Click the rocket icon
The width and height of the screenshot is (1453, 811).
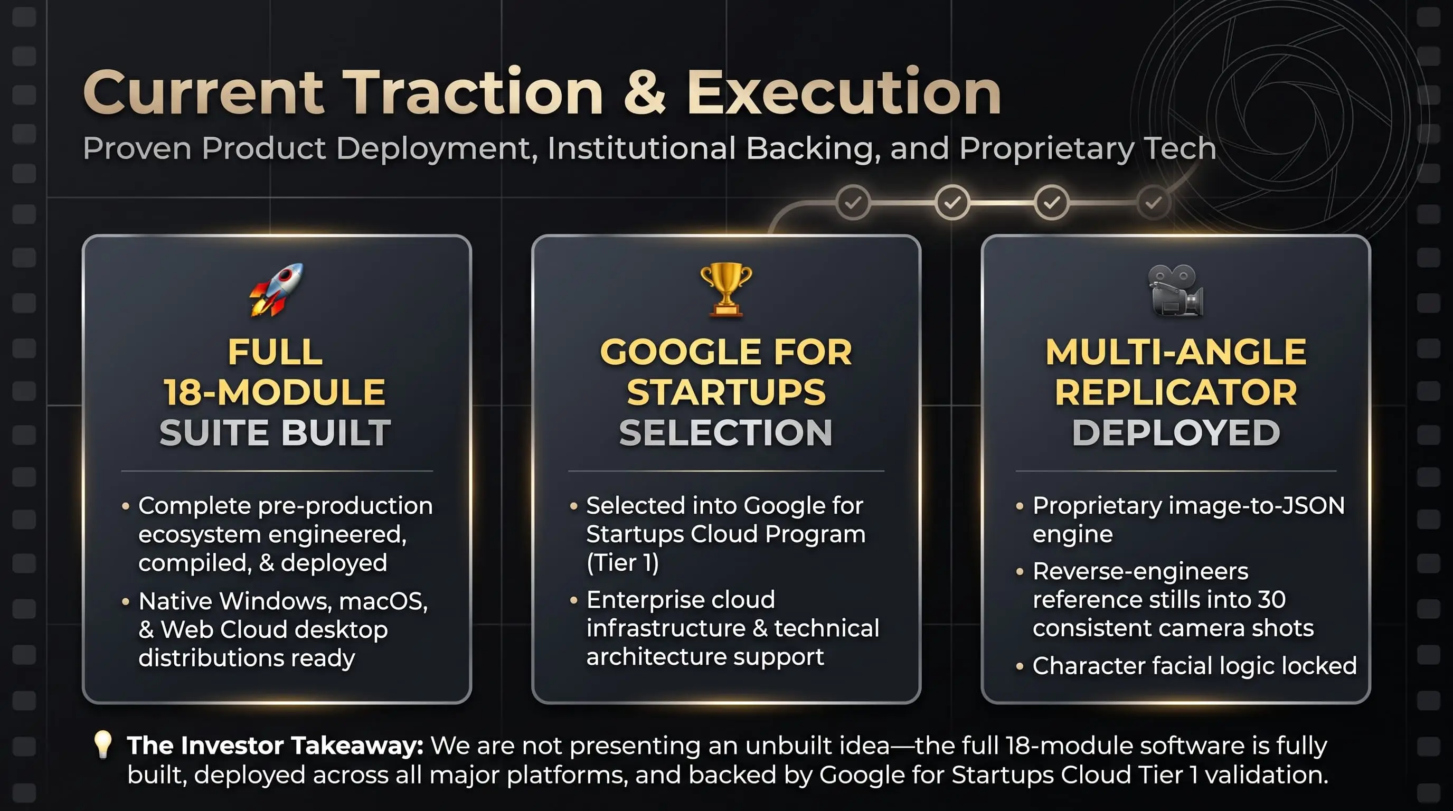coord(276,289)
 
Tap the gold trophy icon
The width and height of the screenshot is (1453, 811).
coord(726,289)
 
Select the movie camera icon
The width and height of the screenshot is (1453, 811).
coord(1176,290)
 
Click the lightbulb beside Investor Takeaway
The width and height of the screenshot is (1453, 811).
coord(102,745)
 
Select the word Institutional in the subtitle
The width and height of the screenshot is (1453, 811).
coord(641,148)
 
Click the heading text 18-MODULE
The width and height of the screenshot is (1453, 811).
coord(275,392)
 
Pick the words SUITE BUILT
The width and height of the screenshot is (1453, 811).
coord(275,432)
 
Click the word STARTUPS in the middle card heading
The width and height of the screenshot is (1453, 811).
coord(726,392)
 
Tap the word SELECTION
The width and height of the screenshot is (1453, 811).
coord(726,432)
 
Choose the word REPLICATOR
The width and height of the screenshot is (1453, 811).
coord(1176,392)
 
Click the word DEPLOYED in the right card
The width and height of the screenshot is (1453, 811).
coord(1176,432)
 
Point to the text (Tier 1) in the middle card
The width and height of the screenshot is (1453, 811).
coord(622,562)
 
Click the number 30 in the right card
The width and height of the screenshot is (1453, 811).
coord(1271,599)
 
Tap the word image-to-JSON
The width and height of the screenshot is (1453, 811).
coord(1257,506)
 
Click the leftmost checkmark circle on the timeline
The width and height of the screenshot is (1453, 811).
coord(853,202)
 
